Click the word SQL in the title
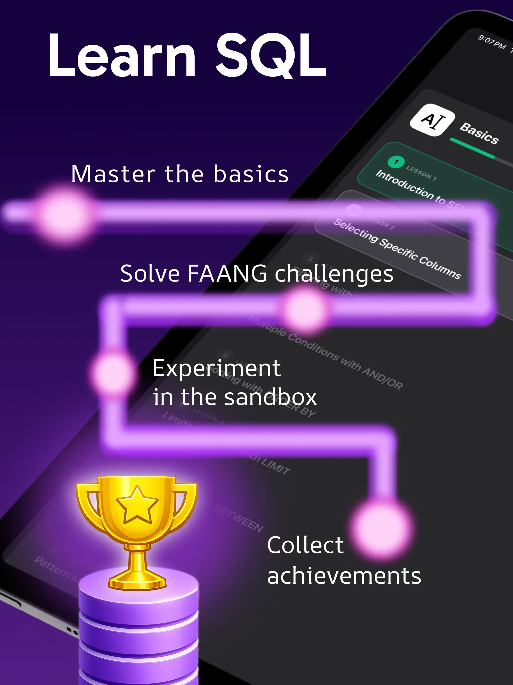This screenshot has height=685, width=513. pos(271,56)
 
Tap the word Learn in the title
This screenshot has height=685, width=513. pos(122,56)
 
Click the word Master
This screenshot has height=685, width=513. pos(113,174)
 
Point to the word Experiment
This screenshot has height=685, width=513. pos(217,369)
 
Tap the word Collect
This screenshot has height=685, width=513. pos(305,545)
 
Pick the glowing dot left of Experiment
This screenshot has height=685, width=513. pos(113,373)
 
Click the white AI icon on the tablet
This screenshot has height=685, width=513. pos(432,120)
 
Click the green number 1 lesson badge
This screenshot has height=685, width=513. pos(396,162)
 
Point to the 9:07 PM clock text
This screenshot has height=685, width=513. pos(492,42)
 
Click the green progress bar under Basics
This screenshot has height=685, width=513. pos(472,148)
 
